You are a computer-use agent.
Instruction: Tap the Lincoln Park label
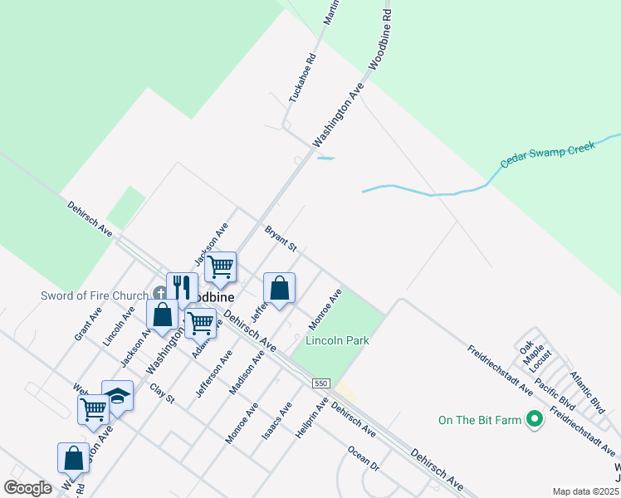pos(337,340)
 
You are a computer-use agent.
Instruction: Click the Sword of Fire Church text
pos(95,295)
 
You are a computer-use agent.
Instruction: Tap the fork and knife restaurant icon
pos(182,288)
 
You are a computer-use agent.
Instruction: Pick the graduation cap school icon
pos(118,396)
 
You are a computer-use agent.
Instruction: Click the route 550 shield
pos(322,383)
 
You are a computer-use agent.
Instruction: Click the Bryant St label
pos(281,237)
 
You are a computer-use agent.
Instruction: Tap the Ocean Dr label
pos(363,457)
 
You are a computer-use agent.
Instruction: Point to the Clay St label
pos(162,393)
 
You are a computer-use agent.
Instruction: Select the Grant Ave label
pos(87,324)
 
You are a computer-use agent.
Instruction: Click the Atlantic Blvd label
pos(586,393)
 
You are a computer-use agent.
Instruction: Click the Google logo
pos(27,487)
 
